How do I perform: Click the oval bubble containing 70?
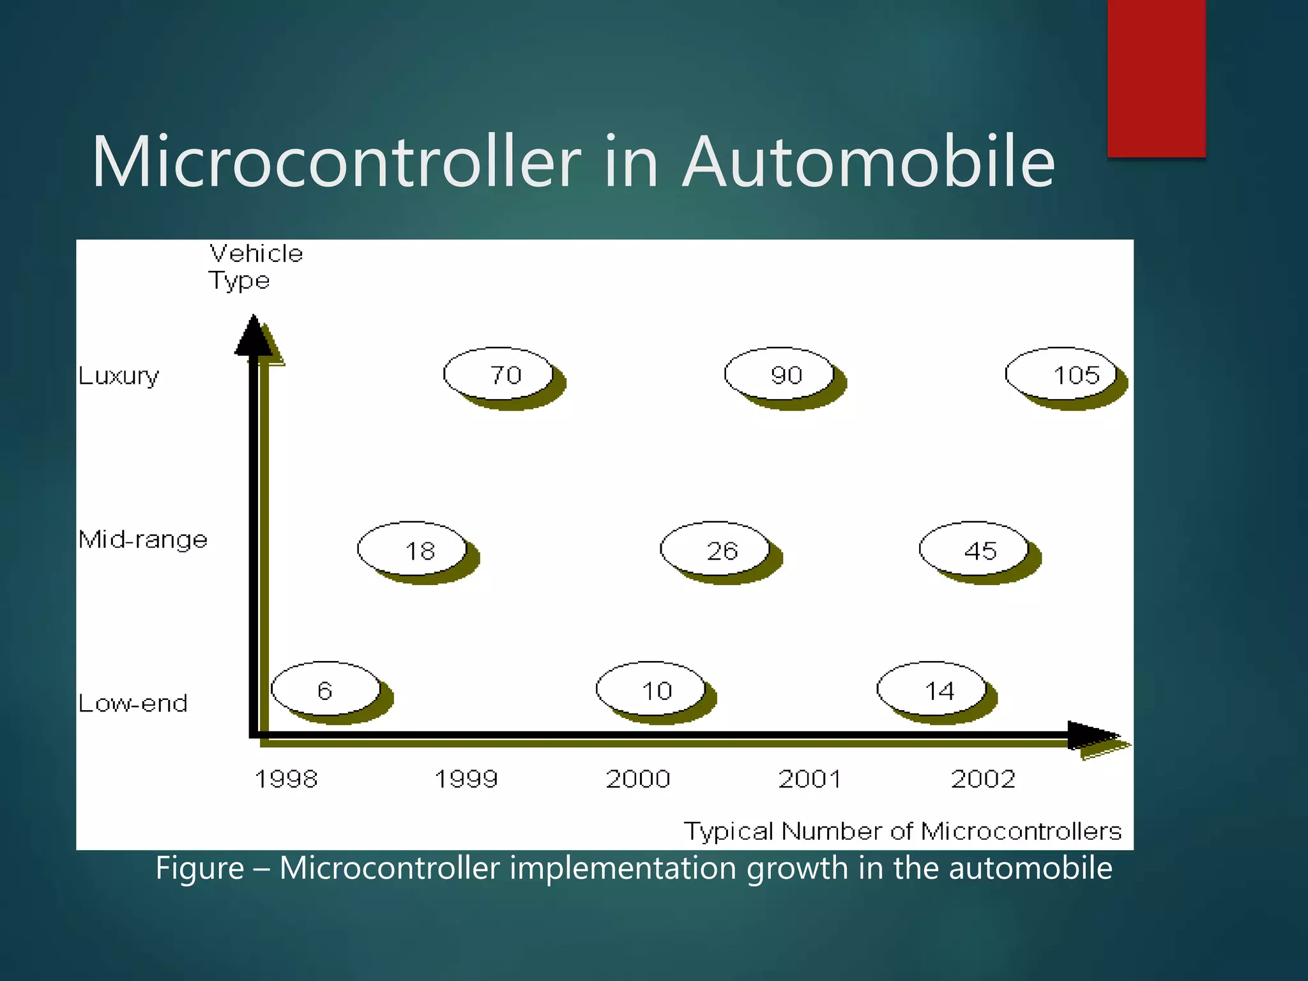click(x=499, y=374)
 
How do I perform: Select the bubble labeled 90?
click(x=780, y=374)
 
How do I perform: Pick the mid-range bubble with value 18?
click(x=413, y=549)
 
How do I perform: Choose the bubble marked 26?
click(x=715, y=549)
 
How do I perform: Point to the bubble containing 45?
click(x=975, y=549)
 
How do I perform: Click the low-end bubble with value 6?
click(x=326, y=690)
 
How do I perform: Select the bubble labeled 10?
click(x=651, y=690)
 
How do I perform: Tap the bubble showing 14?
click(x=932, y=690)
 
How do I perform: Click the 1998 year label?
click(x=286, y=779)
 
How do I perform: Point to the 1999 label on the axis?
click(x=466, y=779)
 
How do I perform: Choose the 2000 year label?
click(x=638, y=779)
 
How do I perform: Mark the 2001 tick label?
click(x=810, y=779)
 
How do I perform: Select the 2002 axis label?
click(x=983, y=779)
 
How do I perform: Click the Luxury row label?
click(x=119, y=376)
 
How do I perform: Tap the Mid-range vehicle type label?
click(x=143, y=540)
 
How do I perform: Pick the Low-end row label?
click(x=133, y=703)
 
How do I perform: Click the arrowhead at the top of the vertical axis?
click(x=254, y=336)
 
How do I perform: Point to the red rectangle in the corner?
click(x=1156, y=78)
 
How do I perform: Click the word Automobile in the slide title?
click(x=869, y=162)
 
